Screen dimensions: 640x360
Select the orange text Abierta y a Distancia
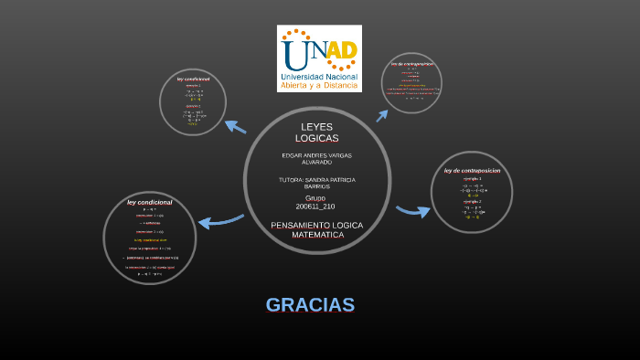click(x=319, y=85)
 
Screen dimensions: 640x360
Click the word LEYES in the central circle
click(x=317, y=127)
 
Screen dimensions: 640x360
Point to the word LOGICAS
click(x=317, y=138)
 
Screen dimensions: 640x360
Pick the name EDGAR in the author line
click(x=292, y=155)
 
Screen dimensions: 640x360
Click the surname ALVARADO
click(x=316, y=162)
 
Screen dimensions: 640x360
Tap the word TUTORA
click(x=293, y=180)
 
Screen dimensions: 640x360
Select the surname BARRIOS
click(x=316, y=186)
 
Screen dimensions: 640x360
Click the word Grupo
click(x=315, y=197)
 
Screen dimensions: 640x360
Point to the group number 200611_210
click(x=315, y=206)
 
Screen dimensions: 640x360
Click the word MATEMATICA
click(x=317, y=235)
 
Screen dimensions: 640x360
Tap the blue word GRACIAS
click(x=310, y=305)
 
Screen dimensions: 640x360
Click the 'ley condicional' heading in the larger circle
click(x=149, y=202)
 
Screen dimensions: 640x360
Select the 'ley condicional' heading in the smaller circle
click(x=193, y=79)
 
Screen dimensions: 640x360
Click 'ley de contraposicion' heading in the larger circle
click(x=472, y=170)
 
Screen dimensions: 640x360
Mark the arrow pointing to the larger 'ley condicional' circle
click(x=219, y=221)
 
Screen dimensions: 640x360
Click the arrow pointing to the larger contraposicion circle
click(x=412, y=211)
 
